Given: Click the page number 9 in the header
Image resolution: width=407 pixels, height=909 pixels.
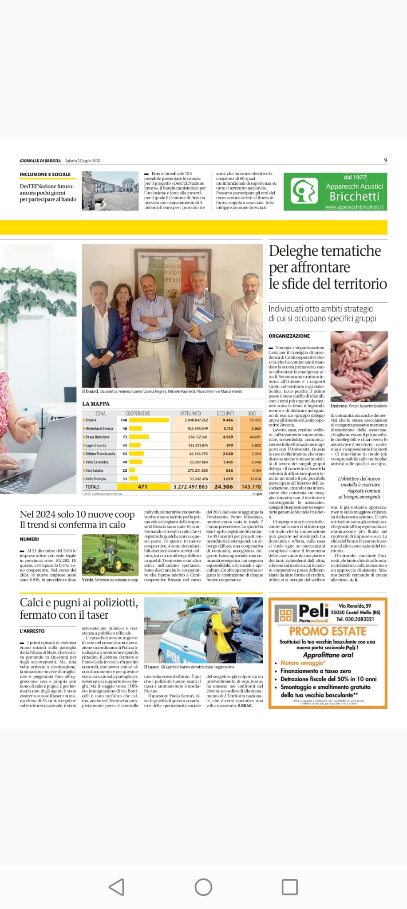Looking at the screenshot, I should (x=385, y=160).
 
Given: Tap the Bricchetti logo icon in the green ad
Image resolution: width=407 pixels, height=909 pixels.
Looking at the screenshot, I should (x=304, y=191).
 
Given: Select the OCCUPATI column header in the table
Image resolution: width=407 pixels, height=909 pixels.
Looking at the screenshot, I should (x=225, y=413).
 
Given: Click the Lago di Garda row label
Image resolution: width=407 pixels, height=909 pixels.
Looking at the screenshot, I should (x=96, y=445).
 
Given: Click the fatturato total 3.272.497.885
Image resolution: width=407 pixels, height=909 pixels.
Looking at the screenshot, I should (x=190, y=486).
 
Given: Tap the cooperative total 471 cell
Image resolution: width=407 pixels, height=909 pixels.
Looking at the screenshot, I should (x=142, y=486).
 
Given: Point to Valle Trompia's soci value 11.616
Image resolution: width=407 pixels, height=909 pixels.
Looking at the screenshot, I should (x=255, y=479).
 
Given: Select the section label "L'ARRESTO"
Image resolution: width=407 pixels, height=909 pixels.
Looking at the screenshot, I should (x=32, y=631).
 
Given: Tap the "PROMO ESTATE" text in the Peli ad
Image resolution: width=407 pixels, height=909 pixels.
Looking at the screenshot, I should (x=328, y=631).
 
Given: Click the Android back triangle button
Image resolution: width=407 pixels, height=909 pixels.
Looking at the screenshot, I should (x=116, y=887).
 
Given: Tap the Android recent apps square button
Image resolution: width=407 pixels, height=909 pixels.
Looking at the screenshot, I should (x=290, y=887).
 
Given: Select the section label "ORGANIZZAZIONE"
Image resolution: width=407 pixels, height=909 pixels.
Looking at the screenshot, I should (x=289, y=336).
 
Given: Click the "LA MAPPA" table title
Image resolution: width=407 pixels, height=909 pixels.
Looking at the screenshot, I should (x=95, y=403).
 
